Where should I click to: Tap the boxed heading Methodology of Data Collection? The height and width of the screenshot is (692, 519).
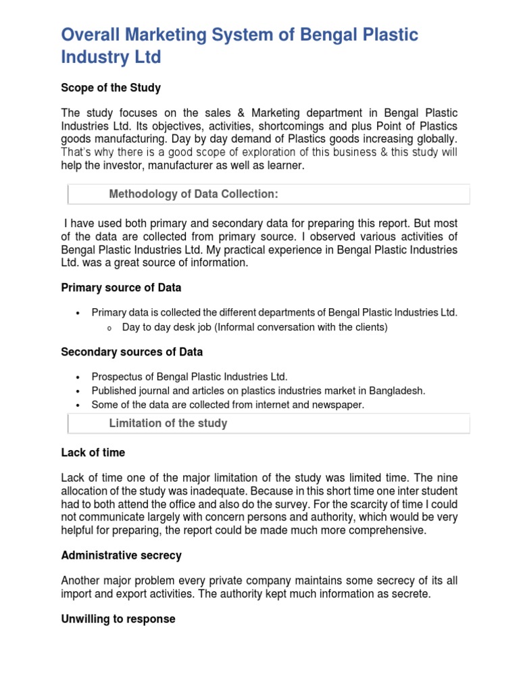point(194,195)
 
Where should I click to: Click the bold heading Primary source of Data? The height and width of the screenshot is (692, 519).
point(121,287)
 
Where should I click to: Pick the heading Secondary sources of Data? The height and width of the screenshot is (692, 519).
point(132,352)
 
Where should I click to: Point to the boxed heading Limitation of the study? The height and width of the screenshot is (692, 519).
point(168,423)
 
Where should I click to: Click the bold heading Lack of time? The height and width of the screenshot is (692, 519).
point(93,452)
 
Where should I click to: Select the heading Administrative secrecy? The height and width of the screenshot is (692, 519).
point(121,555)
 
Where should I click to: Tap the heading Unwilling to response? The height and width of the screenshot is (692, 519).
point(118,619)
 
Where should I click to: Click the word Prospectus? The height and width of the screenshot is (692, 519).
point(117,376)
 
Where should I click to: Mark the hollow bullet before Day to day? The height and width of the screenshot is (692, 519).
point(107,328)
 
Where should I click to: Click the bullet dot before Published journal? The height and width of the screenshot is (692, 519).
point(78,391)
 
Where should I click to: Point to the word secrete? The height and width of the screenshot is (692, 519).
point(403,594)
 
